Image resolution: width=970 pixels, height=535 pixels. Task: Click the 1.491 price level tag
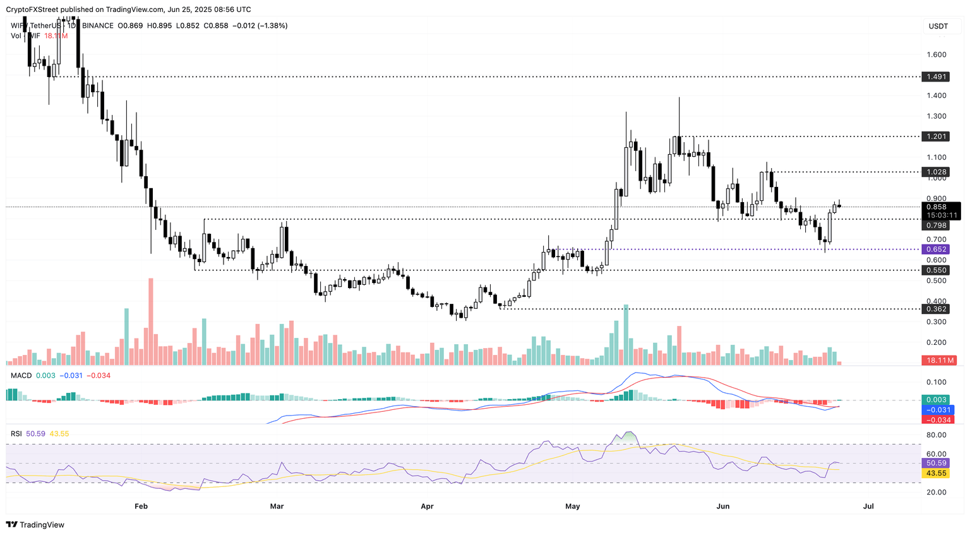click(x=937, y=76)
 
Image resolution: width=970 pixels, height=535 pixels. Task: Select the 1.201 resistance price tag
click(x=937, y=136)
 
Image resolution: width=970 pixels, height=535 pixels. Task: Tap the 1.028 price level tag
click(x=937, y=172)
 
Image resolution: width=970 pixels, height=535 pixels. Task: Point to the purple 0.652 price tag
click(x=937, y=249)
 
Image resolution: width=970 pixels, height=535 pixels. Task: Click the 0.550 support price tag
click(x=937, y=270)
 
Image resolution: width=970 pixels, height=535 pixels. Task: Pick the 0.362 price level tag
click(x=937, y=309)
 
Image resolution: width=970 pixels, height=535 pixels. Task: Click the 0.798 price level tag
click(x=937, y=225)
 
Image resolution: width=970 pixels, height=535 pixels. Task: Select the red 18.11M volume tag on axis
click(x=939, y=360)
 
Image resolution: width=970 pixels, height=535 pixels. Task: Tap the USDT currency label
click(x=938, y=26)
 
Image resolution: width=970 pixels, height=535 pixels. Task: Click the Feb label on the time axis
click(x=141, y=506)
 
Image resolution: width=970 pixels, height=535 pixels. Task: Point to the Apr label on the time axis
click(x=428, y=506)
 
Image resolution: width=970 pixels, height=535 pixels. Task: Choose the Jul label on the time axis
click(x=869, y=506)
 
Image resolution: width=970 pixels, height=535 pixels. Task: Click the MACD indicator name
click(x=21, y=376)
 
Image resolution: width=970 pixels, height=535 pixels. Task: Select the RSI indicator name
click(x=16, y=434)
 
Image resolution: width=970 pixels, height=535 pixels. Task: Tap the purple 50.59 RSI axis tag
click(x=937, y=463)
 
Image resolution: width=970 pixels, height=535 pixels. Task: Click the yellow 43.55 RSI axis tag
click(x=937, y=473)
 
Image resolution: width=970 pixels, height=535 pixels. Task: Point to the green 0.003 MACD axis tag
click(x=937, y=400)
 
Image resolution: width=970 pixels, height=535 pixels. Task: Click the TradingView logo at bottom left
click(x=35, y=524)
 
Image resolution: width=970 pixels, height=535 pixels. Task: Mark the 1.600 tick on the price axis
click(x=937, y=54)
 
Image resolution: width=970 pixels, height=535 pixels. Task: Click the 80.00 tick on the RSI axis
click(x=937, y=435)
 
